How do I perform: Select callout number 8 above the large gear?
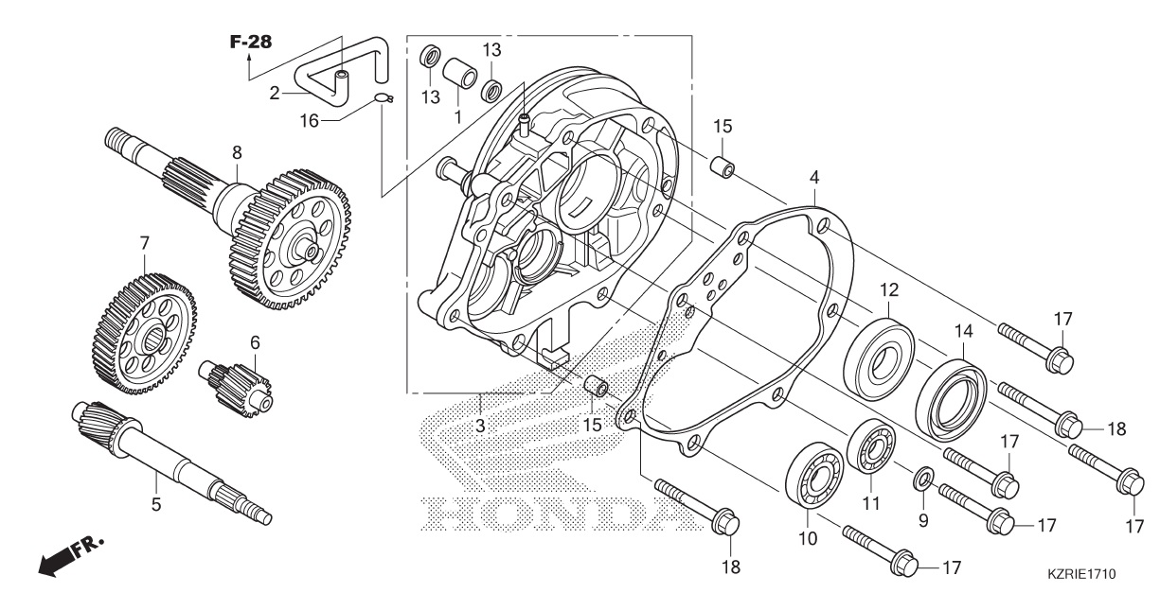[x=237, y=151]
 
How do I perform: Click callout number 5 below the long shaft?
[x=156, y=505]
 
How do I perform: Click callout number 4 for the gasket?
[x=813, y=177]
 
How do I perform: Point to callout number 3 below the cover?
[x=480, y=426]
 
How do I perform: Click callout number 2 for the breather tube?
[x=275, y=93]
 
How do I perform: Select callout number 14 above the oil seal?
[x=963, y=331]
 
